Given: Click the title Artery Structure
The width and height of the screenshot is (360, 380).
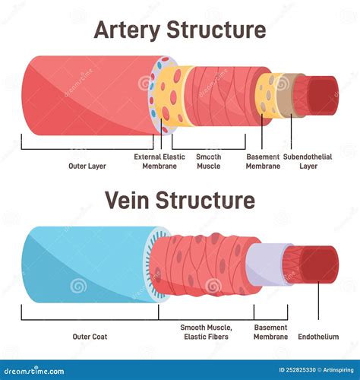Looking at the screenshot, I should point(179,30).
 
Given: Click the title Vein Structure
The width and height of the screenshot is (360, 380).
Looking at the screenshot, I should point(179,201).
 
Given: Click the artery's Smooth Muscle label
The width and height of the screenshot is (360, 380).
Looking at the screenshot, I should point(209,161).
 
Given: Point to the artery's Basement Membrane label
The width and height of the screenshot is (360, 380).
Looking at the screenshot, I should point(263,161).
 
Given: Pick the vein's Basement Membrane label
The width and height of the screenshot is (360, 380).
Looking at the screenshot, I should point(270,331).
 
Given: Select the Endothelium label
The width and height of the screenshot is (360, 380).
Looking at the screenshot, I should point(318,336).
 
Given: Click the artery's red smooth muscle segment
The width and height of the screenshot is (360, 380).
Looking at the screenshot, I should point(220,95).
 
